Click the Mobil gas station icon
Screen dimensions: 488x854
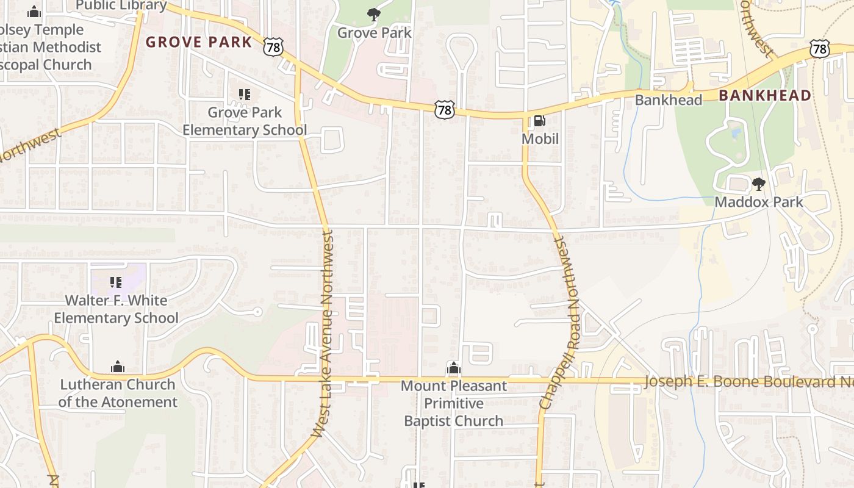tap(539, 121)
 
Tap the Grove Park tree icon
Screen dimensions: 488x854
tap(373, 15)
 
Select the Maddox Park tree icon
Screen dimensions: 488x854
tap(758, 184)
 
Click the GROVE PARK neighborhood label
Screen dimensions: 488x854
tap(199, 42)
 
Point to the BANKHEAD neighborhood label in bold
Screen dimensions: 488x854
tap(765, 95)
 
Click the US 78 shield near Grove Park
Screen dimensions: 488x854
tap(274, 46)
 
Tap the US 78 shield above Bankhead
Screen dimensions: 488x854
tap(820, 48)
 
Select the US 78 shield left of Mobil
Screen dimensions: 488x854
tap(445, 110)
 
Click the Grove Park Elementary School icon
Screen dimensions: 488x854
tap(245, 95)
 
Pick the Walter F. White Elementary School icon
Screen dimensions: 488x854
tap(116, 282)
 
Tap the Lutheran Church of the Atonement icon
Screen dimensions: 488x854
tap(118, 367)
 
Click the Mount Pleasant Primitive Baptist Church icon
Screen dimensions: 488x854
tap(453, 368)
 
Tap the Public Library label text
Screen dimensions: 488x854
tap(121, 5)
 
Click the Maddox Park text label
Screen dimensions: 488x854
tap(758, 202)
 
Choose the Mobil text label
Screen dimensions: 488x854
tap(540, 139)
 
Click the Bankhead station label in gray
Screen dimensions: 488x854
tap(669, 100)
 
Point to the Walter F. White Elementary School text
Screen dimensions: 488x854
tap(116, 309)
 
